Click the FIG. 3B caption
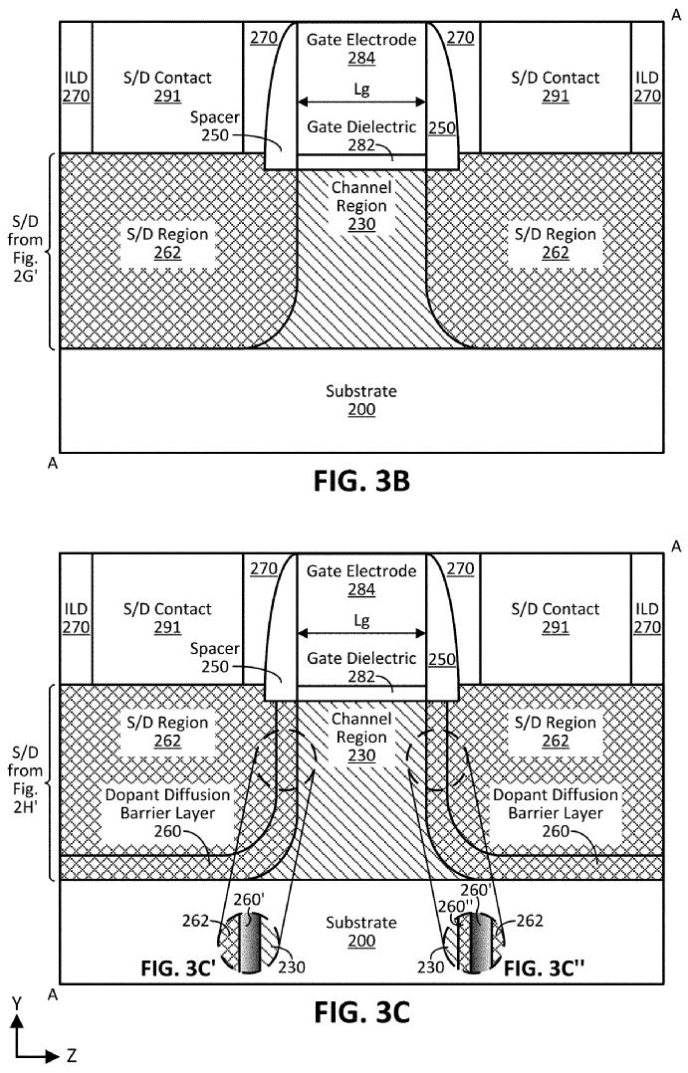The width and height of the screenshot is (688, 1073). [x=361, y=482]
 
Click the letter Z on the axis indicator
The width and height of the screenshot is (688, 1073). [x=72, y=1056]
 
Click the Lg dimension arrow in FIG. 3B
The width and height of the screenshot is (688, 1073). [x=361, y=102]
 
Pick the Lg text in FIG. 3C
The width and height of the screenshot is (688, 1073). [x=361, y=619]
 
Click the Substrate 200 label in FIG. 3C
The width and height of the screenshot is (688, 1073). [x=361, y=932]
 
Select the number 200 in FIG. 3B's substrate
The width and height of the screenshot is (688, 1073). [x=361, y=410]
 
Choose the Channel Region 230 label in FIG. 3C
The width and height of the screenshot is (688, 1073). [x=361, y=738]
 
